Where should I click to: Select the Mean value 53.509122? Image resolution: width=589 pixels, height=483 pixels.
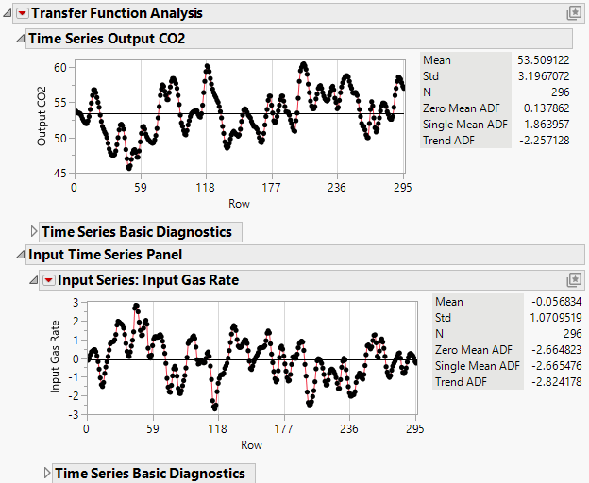pyautogui.click(x=543, y=60)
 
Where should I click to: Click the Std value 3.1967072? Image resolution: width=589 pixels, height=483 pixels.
pyautogui.click(x=543, y=76)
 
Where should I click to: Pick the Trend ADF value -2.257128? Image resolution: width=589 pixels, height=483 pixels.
pyautogui.click(x=543, y=141)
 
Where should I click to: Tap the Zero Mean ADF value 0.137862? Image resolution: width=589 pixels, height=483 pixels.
pyautogui.click(x=546, y=108)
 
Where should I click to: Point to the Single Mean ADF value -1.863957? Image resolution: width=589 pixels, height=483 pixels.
pyautogui.click(x=543, y=125)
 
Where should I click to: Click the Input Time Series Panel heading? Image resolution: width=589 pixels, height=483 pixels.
pyautogui.click(x=105, y=255)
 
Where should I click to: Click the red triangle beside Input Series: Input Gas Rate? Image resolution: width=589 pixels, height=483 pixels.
pyautogui.click(x=47, y=280)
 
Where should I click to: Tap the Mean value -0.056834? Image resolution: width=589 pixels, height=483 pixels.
pyautogui.click(x=554, y=302)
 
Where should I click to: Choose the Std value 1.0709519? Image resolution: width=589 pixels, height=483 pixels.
pyautogui.click(x=554, y=318)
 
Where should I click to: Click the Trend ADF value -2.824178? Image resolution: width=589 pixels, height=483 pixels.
pyautogui.click(x=554, y=382)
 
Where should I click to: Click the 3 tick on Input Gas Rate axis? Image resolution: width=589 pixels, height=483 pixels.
pyautogui.click(x=75, y=303)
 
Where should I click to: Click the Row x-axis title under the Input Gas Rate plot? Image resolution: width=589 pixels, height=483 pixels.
pyautogui.click(x=251, y=444)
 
